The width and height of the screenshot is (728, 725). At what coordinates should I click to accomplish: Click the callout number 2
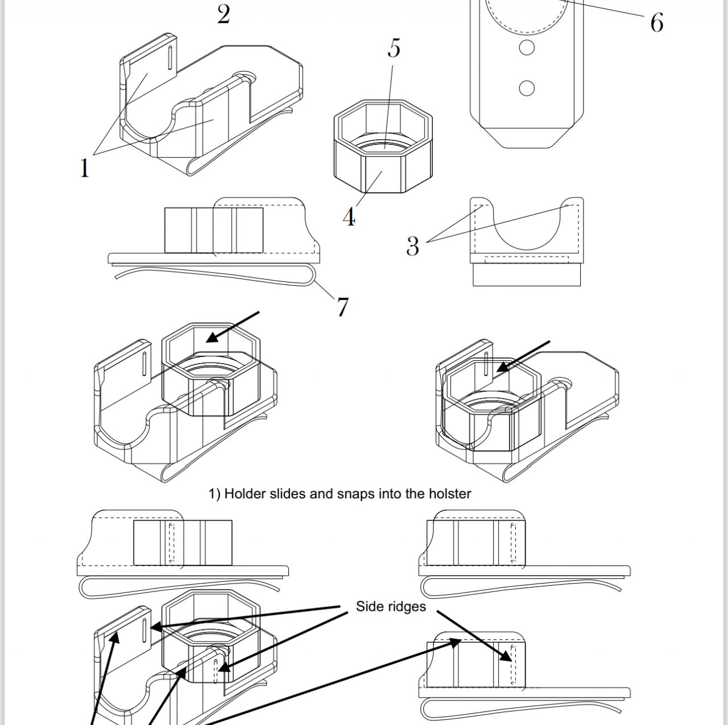point(224,15)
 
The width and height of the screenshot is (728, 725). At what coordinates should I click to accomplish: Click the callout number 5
point(394,48)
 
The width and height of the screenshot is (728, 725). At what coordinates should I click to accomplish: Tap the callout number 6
point(656,23)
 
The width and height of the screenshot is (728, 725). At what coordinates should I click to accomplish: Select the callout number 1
point(85,168)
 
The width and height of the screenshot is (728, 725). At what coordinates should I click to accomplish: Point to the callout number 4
point(349,217)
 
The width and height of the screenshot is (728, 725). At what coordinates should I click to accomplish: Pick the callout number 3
point(412,246)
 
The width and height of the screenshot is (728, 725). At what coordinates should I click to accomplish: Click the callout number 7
point(342,307)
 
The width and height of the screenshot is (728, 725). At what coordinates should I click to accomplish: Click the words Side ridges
point(391,606)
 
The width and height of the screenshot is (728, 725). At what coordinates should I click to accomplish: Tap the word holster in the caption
point(450,493)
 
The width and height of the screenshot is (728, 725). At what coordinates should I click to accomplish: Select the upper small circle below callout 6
point(527,47)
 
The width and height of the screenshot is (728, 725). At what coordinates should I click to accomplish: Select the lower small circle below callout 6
point(527,88)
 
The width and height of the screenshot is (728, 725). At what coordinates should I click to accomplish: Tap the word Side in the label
point(367,606)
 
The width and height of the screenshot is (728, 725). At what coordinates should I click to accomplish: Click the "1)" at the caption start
point(214,493)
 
